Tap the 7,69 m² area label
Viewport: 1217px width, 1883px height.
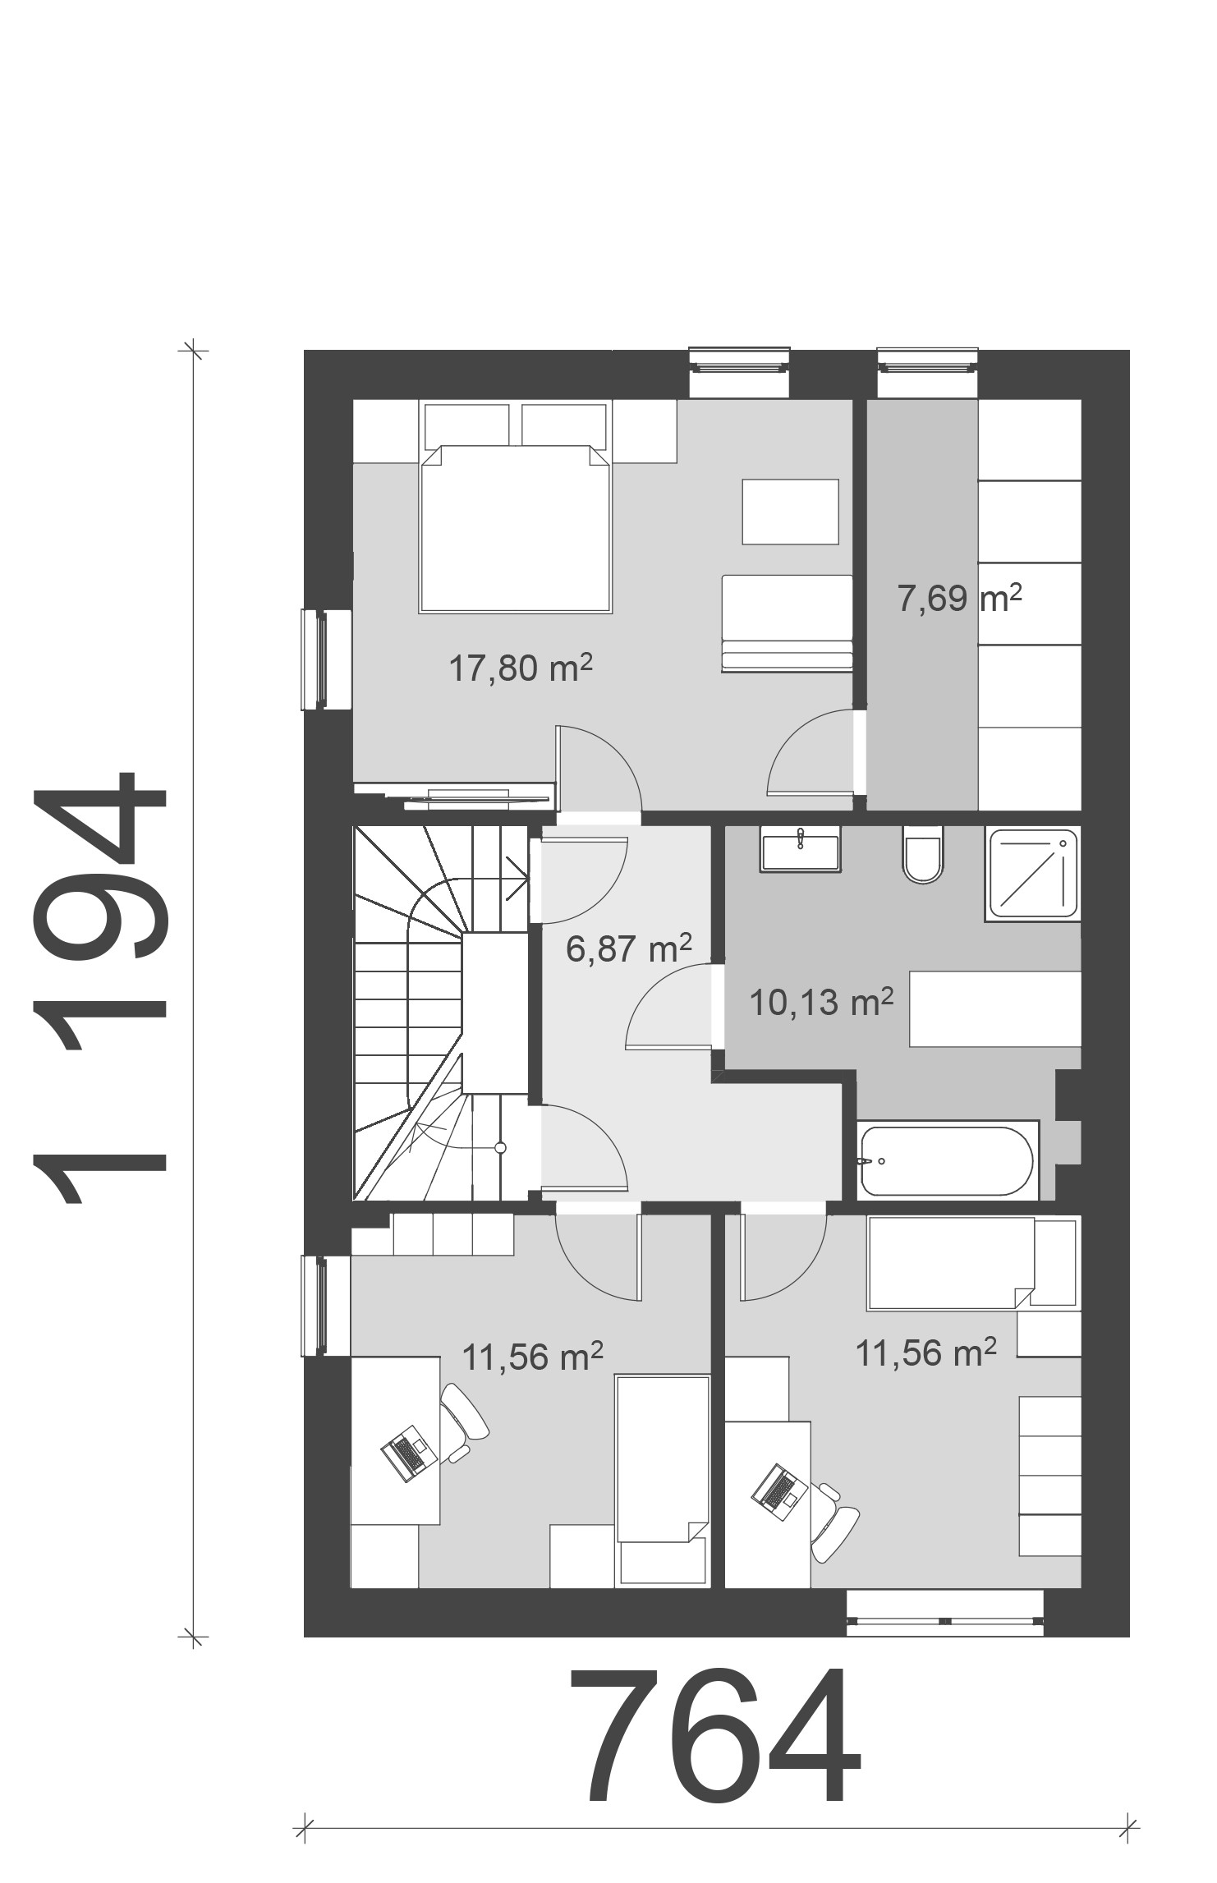coord(959,597)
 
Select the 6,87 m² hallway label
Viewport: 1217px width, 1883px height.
coord(629,949)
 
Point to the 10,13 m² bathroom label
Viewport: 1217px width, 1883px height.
coord(822,1002)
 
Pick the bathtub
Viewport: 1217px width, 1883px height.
coord(947,1161)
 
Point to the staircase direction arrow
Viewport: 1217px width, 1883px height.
coord(517,878)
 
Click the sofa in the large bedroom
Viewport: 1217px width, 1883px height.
coord(787,624)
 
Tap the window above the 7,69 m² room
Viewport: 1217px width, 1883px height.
coord(928,362)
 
